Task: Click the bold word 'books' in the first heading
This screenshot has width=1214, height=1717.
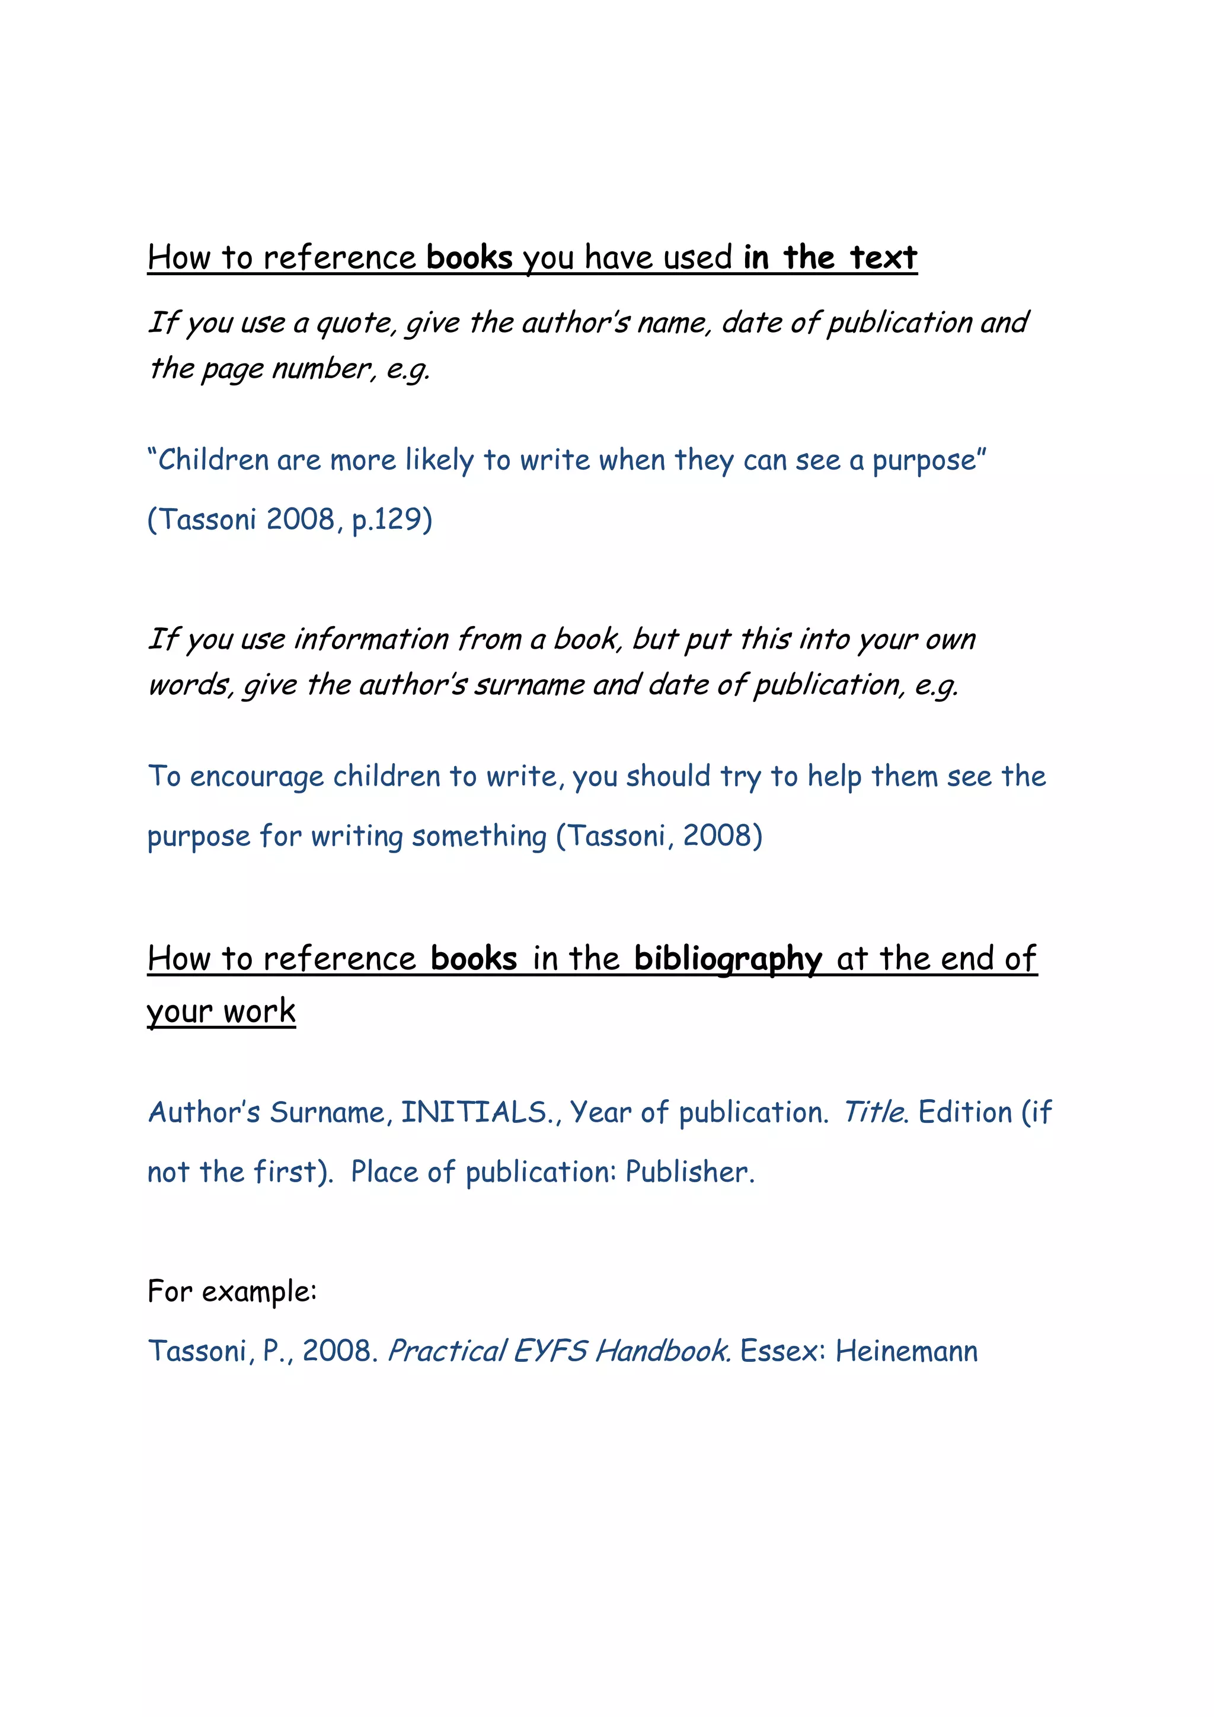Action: (x=469, y=258)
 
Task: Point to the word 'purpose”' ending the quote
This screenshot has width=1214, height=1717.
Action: (x=929, y=461)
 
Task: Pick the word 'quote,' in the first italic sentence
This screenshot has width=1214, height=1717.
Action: (x=357, y=324)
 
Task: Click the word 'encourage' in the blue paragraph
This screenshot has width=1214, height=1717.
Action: (x=257, y=777)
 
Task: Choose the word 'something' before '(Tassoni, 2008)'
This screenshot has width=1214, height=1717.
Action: (x=479, y=837)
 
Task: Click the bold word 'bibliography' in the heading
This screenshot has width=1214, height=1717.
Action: (x=727, y=959)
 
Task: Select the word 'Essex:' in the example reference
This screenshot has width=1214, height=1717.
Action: (x=782, y=1351)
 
